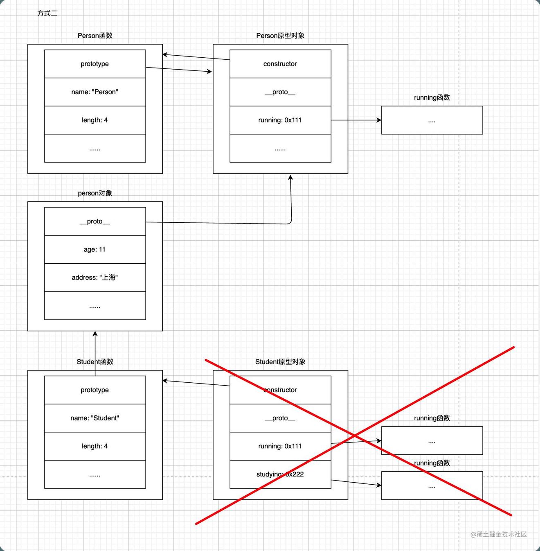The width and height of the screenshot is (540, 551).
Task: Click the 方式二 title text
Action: [47, 14]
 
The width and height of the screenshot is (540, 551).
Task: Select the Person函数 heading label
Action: [95, 36]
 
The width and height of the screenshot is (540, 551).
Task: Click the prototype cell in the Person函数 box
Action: [95, 64]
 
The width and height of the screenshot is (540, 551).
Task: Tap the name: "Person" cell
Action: [95, 92]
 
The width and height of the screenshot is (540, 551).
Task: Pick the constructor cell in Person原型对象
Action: [280, 64]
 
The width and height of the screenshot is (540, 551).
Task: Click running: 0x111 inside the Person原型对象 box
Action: [280, 120]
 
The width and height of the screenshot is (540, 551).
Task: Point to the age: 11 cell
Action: [95, 249]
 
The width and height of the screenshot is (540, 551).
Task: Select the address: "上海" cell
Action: [95, 278]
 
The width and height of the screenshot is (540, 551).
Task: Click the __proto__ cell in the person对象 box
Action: [95, 221]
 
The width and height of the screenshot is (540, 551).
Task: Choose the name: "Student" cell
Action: [95, 418]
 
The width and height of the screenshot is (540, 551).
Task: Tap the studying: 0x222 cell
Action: [280, 474]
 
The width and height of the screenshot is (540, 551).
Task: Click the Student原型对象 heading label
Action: [280, 362]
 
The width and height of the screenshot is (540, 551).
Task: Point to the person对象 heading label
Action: [95, 193]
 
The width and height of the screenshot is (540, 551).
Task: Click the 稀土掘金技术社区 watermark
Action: [499, 534]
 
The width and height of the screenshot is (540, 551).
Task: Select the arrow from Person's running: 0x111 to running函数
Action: [356, 120]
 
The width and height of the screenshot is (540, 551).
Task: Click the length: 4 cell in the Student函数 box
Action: [95, 446]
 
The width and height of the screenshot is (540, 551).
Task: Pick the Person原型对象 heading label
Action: [280, 36]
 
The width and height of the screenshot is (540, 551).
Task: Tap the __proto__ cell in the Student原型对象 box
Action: [280, 418]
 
